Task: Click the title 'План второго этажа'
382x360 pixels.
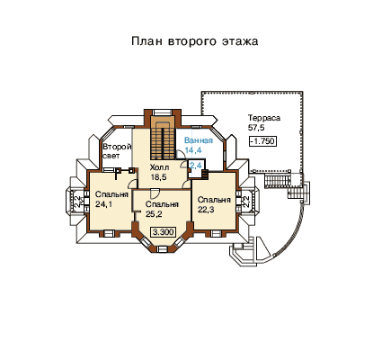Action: tap(195, 41)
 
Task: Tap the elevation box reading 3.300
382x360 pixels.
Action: tap(164, 232)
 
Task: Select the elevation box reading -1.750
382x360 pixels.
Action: tap(263, 141)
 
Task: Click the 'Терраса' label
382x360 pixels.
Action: tap(264, 118)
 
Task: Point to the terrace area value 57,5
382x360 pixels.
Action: tap(256, 128)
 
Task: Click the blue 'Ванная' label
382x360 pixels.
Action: tap(199, 140)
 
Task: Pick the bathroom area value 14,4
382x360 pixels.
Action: tap(193, 150)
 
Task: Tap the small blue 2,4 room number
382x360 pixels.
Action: tap(195, 165)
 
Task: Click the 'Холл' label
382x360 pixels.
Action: tap(159, 167)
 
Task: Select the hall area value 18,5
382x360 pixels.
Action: tap(158, 177)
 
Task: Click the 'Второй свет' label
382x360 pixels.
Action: tap(117, 151)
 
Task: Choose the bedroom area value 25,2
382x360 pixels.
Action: tap(154, 214)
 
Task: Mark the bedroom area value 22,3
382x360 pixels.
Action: tap(206, 210)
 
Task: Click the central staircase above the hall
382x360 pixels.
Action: tap(163, 138)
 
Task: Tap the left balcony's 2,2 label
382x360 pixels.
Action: tap(77, 201)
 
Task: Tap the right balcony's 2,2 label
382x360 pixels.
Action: tap(246, 201)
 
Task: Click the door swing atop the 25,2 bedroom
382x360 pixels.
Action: tap(155, 193)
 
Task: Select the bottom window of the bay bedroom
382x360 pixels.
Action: tap(163, 248)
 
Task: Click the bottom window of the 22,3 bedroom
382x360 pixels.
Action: tap(215, 233)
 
